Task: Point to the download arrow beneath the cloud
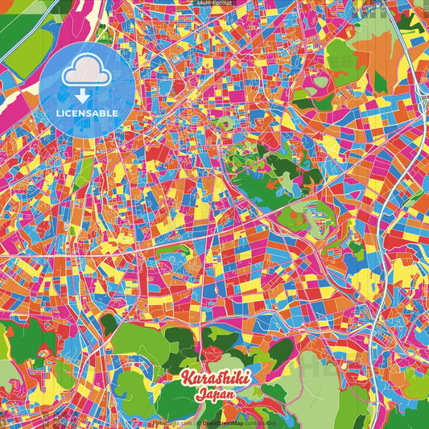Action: [x=83, y=95]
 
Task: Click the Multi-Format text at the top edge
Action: [x=214, y=3]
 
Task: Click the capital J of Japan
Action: [x=200, y=394]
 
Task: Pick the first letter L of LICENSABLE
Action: [x=59, y=113]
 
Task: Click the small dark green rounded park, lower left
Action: [x=109, y=324]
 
